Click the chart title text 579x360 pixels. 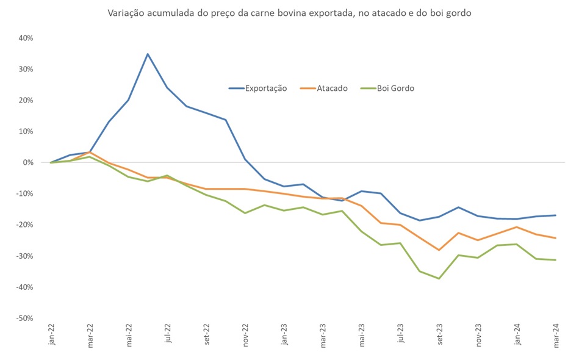(x=289, y=12)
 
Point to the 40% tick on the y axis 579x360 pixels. (x=26, y=38)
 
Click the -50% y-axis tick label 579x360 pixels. (x=24, y=318)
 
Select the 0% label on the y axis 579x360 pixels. (x=27, y=162)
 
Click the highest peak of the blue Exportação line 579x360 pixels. (x=148, y=54)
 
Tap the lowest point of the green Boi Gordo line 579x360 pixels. (x=439, y=278)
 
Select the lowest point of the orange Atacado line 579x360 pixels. (x=439, y=250)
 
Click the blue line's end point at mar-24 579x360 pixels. (x=555, y=215)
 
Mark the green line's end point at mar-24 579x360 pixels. (x=555, y=260)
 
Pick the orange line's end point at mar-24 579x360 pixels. (x=555, y=238)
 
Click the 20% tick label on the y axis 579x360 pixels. (x=26, y=100)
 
